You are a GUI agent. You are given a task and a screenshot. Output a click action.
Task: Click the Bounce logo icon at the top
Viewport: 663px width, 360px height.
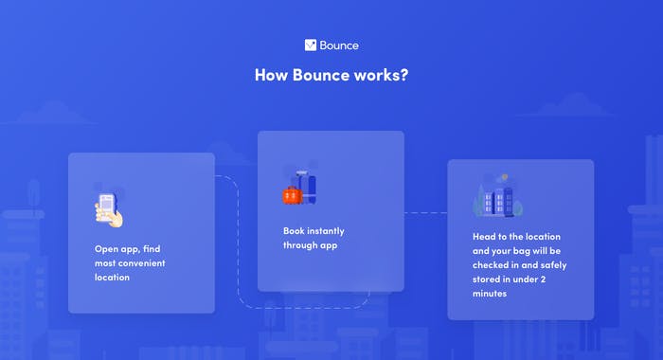[311, 45]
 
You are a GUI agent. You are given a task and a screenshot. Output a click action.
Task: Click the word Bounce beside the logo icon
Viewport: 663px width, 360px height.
[339, 45]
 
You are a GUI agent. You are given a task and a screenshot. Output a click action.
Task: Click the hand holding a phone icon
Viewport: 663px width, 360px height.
[109, 209]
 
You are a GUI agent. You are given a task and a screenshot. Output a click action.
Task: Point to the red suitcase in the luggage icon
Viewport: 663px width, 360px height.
[292, 195]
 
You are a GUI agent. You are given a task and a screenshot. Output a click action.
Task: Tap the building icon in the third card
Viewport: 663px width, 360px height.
[493, 197]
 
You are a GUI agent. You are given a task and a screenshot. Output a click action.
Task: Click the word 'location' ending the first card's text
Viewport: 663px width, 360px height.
[112, 278]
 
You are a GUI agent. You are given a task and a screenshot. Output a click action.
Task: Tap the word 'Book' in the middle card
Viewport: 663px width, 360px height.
[294, 230]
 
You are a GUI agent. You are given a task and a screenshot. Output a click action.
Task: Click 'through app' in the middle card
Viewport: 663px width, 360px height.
[311, 245]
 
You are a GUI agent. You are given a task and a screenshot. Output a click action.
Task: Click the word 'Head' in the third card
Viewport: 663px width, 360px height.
[485, 236]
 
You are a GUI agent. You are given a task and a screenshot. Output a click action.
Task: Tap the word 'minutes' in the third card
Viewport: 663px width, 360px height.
[491, 295]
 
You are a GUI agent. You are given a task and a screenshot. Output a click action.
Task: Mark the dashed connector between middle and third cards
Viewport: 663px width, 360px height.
[425, 213]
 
